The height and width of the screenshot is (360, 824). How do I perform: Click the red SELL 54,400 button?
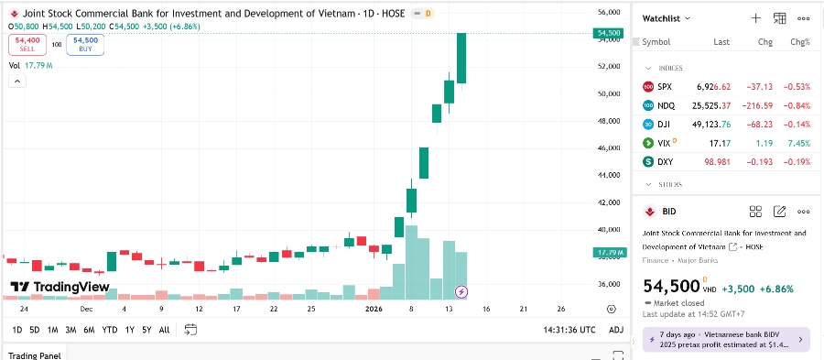point(28,44)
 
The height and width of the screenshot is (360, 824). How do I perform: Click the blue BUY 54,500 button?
point(85,44)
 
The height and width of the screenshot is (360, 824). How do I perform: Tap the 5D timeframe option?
point(34,330)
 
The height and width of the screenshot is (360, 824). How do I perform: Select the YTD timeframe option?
point(109,330)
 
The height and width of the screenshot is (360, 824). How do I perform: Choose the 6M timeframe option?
point(90,330)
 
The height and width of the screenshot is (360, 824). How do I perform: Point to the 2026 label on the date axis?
point(374,310)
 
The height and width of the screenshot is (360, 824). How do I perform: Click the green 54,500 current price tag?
point(610,33)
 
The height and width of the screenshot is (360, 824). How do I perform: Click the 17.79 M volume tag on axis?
point(610,253)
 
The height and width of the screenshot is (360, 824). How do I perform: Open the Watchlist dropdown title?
point(666,18)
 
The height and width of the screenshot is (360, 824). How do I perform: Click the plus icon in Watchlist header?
point(755,18)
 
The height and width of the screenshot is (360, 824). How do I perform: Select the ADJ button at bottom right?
point(615,330)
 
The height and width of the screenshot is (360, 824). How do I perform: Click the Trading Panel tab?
point(36,355)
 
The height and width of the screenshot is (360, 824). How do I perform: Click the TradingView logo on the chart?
point(60,287)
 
